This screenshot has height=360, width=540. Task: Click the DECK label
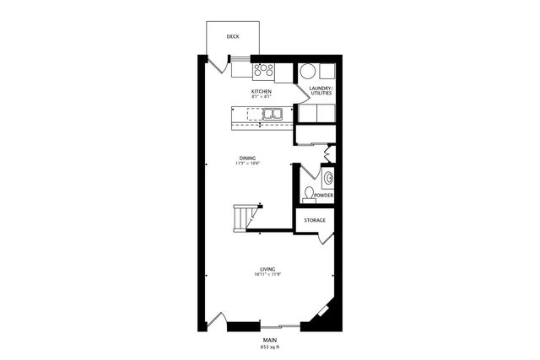click(232, 36)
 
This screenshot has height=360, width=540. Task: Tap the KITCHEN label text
click(261, 90)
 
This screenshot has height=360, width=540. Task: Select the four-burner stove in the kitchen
click(263, 71)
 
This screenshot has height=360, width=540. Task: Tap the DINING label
click(247, 158)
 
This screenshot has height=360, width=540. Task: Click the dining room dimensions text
click(247, 164)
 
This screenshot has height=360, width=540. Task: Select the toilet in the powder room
click(308, 194)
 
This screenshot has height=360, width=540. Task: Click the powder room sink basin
click(328, 177)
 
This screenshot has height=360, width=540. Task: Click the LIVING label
click(268, 268)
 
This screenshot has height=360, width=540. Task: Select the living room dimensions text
click(268, 275)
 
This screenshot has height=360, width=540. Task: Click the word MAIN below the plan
click(268, 340)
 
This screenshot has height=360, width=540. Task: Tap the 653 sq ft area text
click(268, 347)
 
